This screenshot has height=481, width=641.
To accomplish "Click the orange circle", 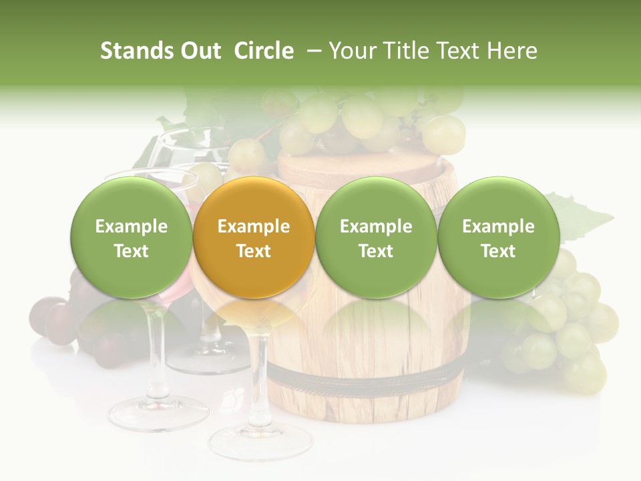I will click(x=254, y=238).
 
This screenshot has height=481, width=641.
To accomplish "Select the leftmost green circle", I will click(x=132, y=238).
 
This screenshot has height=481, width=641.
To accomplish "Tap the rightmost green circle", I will click(x=498, y=238).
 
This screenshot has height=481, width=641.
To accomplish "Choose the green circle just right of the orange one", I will click(x=376, y=238).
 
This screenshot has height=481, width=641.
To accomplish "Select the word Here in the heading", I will click(x=513, y=51).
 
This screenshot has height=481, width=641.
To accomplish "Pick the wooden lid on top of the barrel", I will click(x=364, y=167).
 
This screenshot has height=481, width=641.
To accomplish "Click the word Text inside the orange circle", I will click(x=254, y=251).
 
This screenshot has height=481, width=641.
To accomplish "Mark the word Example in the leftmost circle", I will click(x=132, y=226).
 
